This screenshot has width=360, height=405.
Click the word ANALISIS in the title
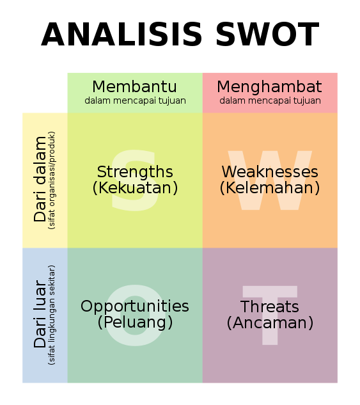(121, 35)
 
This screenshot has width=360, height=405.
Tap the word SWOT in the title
(268, 35)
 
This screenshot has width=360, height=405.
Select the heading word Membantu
(135, 86)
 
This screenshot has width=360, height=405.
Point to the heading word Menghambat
(270, 87)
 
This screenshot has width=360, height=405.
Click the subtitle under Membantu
(135, 100)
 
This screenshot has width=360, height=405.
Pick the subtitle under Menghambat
(270, 100)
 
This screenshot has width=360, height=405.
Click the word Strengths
(135, 172)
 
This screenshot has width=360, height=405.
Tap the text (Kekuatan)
(135, 187)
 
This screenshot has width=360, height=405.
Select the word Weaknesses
(270, 171)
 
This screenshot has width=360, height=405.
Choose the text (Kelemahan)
(270, 187)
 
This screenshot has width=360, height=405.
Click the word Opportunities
(135, 307)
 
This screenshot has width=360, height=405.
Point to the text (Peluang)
(135, 322)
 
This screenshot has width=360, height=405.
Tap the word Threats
(270, 306)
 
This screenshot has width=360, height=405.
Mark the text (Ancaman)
(270, 322)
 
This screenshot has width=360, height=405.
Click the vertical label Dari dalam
(40, 179)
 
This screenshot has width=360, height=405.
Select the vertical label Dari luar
(40, 314)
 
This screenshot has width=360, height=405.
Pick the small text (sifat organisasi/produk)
(52, 180)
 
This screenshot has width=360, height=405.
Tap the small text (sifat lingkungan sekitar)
(52, 315)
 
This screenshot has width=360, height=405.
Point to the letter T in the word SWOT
(307, 35)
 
